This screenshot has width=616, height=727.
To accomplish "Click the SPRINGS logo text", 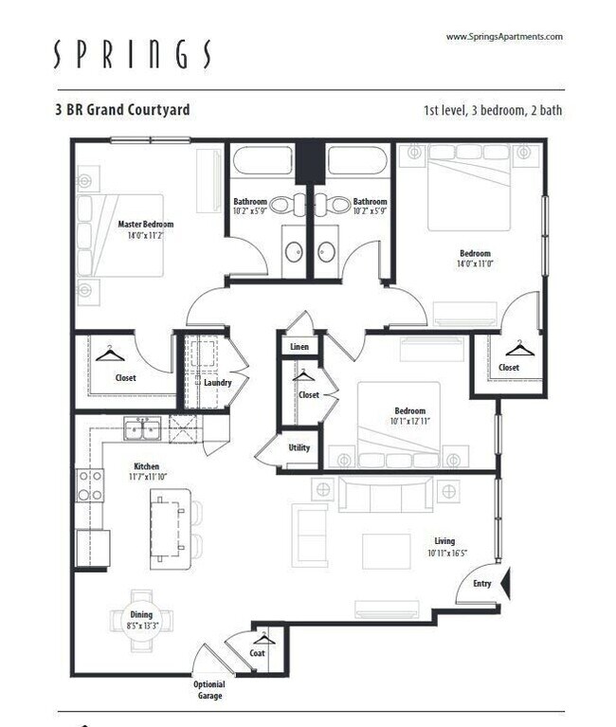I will tap(132, 55).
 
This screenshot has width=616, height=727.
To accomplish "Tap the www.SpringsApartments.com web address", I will tap(504, 37).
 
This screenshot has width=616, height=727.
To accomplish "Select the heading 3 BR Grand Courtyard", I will tap(122, 110).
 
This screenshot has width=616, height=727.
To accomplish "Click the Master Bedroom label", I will tap(140, 225).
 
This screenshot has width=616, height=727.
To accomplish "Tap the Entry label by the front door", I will tap(481, 583).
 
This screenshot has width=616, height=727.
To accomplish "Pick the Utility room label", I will tap(299, 447).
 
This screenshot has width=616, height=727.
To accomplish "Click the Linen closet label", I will tap(299, 347).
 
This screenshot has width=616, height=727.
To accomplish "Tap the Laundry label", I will tap(218, 382).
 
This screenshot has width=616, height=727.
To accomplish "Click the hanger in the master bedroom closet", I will tap(111, 354).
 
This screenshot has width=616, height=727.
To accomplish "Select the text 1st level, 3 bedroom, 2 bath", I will tap(492, 110).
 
